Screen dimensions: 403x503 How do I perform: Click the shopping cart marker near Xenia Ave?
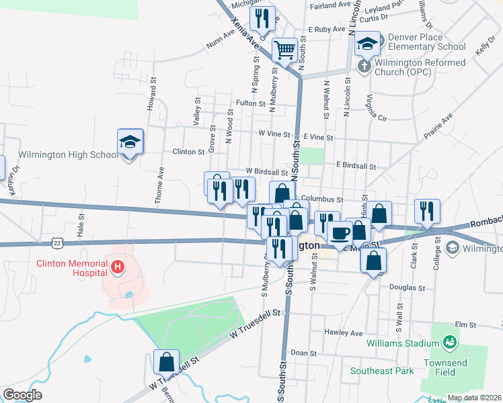pos(284,48)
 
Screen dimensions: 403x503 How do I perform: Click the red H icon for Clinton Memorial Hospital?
pos(118,268)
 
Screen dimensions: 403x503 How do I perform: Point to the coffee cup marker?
pos(340,233)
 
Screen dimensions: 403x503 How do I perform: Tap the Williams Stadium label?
pos(397,343)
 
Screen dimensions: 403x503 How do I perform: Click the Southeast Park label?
pos(381,371)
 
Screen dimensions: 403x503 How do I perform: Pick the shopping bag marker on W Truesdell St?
pos(166,362)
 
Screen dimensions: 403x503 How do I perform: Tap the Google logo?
pos(22,395)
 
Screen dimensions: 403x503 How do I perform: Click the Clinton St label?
pos(188,152)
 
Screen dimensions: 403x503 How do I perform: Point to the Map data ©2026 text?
pos(475,398)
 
